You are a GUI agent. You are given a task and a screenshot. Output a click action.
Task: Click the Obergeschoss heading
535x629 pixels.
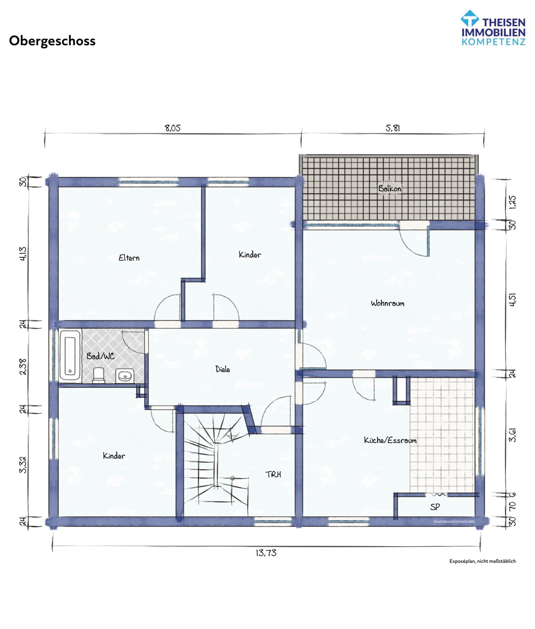52,41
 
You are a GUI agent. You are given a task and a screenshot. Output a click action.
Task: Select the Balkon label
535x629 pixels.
390,188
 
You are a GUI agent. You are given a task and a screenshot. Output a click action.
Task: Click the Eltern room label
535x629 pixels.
129,258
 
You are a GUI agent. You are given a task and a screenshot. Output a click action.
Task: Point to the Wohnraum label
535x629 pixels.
387,303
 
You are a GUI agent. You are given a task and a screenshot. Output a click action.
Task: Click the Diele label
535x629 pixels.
223,369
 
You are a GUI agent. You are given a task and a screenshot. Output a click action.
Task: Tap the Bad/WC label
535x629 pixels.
100,356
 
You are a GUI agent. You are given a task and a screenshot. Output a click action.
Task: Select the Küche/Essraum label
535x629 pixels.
390,440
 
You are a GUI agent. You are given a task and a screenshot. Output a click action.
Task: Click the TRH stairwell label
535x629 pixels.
273,474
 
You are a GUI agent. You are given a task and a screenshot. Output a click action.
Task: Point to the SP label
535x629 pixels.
435,507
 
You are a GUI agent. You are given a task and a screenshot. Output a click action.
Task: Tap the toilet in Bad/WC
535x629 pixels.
99,375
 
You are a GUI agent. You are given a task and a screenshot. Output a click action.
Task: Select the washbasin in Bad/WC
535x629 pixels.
124,376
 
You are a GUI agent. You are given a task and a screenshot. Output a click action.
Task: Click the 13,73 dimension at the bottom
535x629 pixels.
266,553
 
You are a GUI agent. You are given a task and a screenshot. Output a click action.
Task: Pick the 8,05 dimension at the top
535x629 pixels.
172,128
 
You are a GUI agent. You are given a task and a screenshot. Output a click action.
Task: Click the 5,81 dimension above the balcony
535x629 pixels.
393,128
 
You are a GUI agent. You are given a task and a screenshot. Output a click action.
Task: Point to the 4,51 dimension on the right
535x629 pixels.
512,299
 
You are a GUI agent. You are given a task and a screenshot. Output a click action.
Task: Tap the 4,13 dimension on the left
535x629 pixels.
23,254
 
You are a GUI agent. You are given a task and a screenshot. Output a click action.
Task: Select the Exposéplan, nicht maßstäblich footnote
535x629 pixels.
482,561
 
